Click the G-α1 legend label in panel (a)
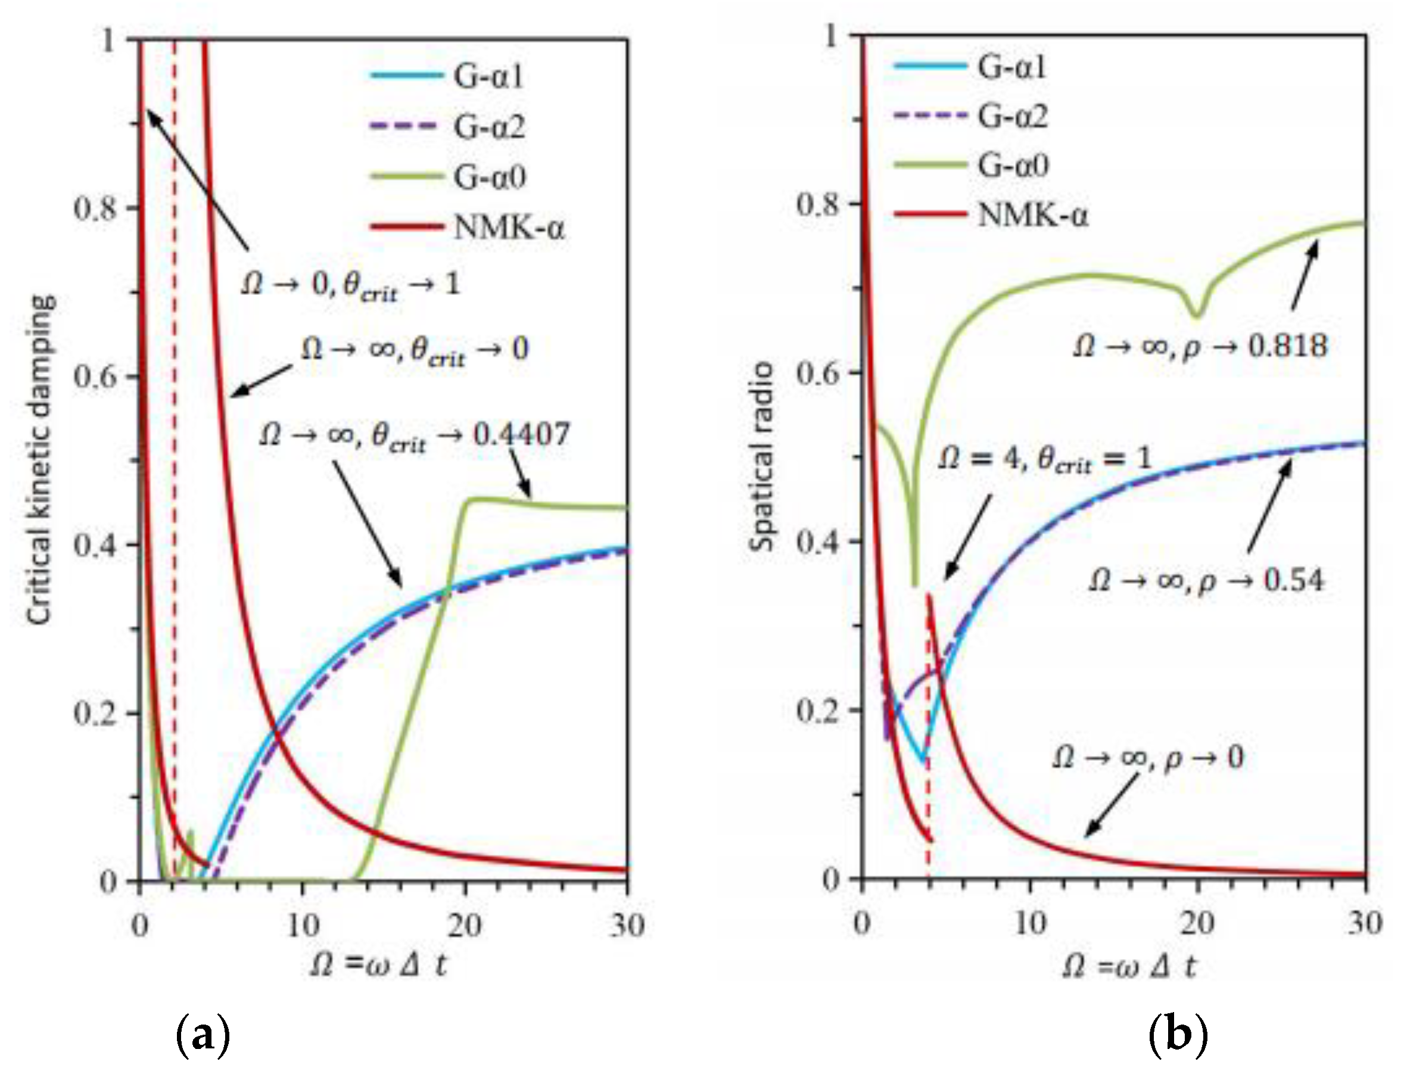pyautogui.click(x=489, y=77)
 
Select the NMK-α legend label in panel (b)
pyautogui.click(x=1032, y=216)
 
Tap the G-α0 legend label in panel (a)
pyautogui.click(x=490, y=177)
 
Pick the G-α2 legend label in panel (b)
pyautogui.click(x=1013, y=116)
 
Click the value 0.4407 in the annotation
pyautogui.click(x=521, y=435)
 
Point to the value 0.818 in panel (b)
pyautogui.click(x=1287, y=346)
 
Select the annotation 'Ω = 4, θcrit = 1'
pyautogui.click(x=1044, y=458)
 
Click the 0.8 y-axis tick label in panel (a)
pyautogui.click(x=96, y=208)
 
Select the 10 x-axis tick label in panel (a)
pyautogui.click(x=303, y=925)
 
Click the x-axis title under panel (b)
pyautogui.click(x=1128, y=967)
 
